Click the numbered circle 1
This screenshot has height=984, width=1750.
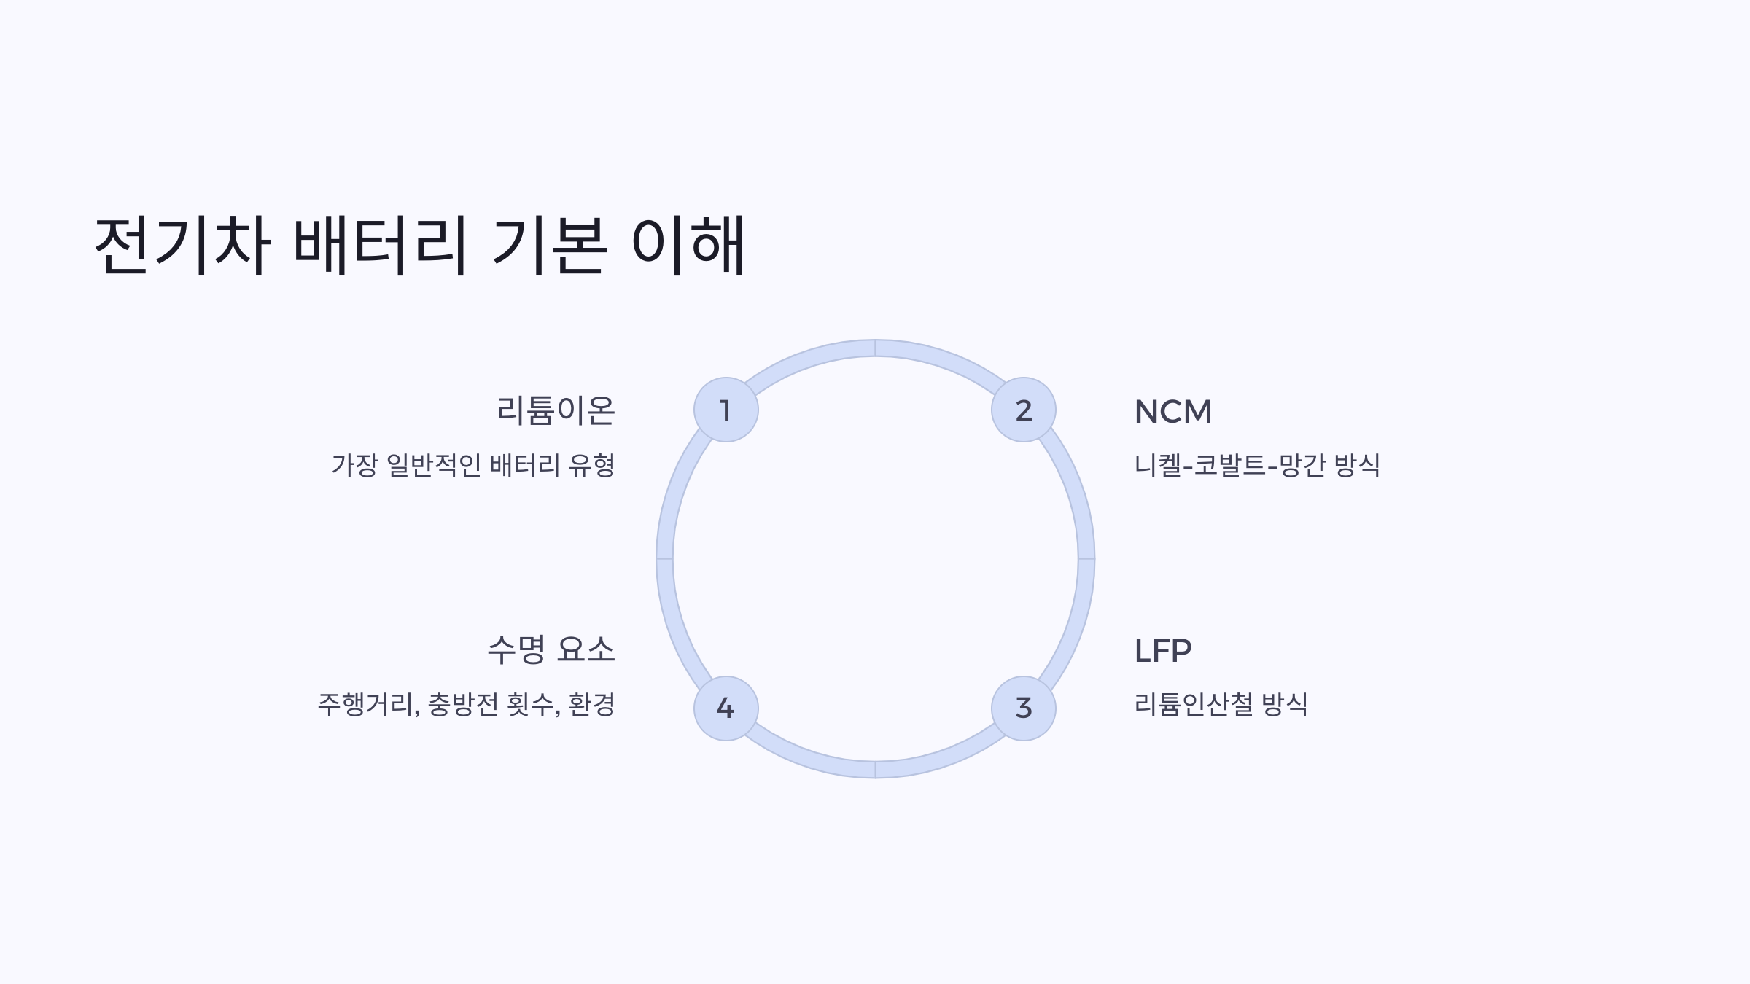pyautogui.click(x=726, y=410)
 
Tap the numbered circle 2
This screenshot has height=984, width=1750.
pyautogui.click(x=1023, y=410)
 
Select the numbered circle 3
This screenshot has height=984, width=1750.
pyautogui.click(x=1023, y=708)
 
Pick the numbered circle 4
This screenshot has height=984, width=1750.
pyautogui.click(x=726, y=708)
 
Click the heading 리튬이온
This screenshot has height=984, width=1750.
pyautogui.click(x=556, y=410)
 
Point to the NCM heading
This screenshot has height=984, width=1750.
pyautogui.click(x=1172, y=412)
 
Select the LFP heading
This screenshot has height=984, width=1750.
pyautogui.click(x=1163, y=650)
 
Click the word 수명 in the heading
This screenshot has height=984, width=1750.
pyautogui.click(x=516, y=649)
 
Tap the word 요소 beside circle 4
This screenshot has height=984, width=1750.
pyautogui.click(x=586, y=649)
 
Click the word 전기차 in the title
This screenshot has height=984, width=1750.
pyautogui.click(x=182, y=245)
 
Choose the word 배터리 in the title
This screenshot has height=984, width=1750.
pyautogui.click(x=379, y=245)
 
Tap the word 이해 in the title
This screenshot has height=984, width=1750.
pyautogui.click(x=688, y=245)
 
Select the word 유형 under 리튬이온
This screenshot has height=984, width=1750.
pyautogui.click(x=591, y=465)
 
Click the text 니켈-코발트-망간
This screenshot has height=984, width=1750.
pyautogui.click(x=1228, y=465)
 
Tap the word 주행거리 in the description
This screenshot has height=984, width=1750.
pyautogui.click(x=368, y=704)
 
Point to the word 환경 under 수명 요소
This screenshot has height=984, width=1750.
pyautogui.click(x=591, y=704)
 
